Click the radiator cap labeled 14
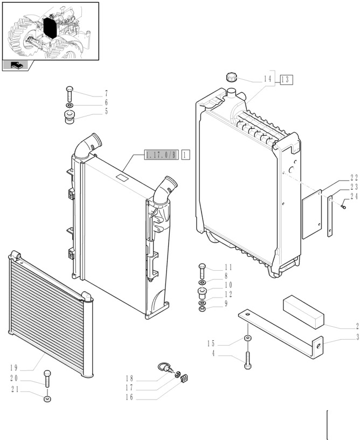[x=232, y=78]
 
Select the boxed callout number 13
[x=286, y=79]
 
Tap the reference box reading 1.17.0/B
[x=160, y=155]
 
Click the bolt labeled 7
[x=70, y=92]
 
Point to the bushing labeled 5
[x=70, y=116]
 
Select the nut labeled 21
[x=48, y=399]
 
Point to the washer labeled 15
[x=247, y=338]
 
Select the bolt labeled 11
[x=202, y=269]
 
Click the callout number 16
[x=129, y=397]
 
